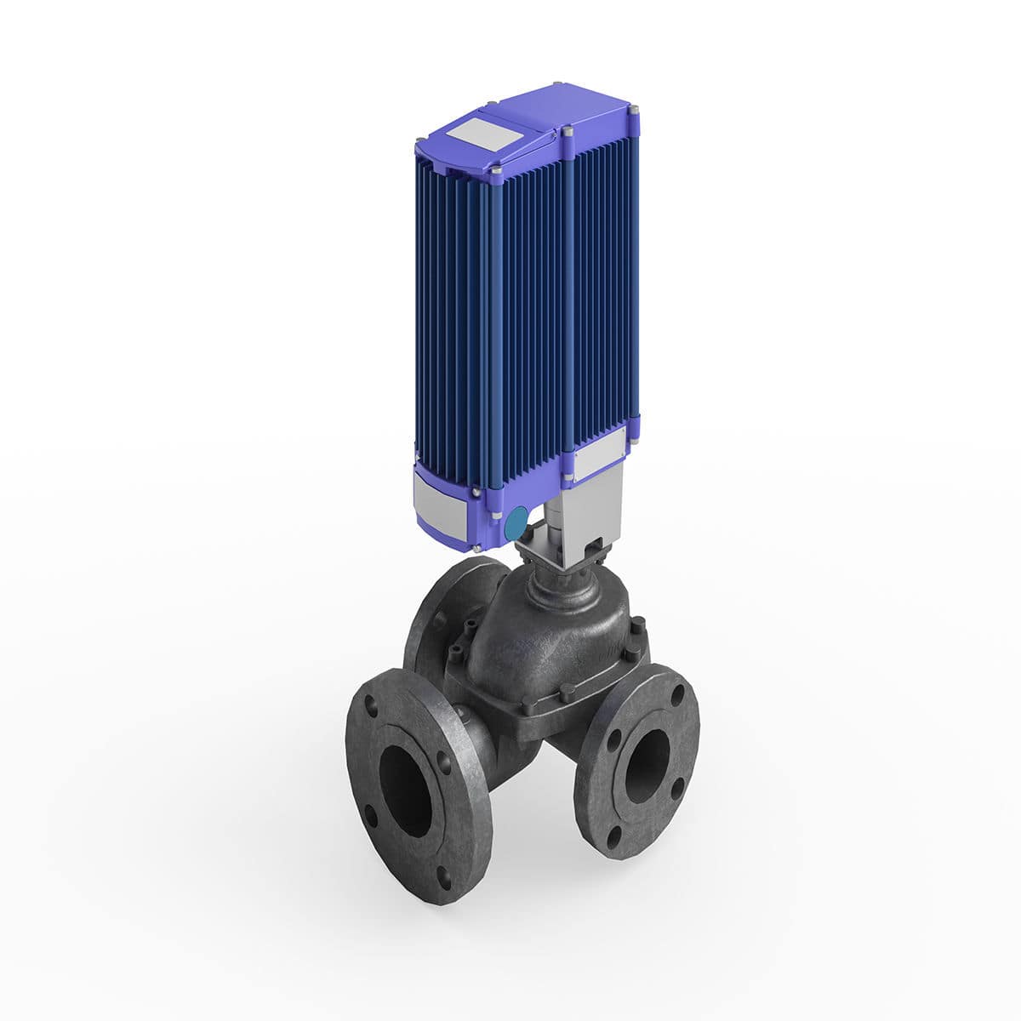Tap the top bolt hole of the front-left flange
click(372, 705)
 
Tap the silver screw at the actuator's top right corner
click(634, 111)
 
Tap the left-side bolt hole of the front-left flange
click(370, 814)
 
